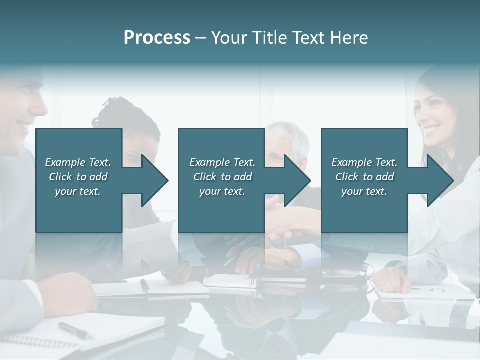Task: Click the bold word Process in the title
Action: click(157, 38)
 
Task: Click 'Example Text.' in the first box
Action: click(78, 162)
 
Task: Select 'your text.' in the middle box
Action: click(222, 191)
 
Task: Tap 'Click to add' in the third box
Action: click(364, 177)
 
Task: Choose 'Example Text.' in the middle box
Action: click(222, 162)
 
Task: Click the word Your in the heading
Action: click(229, 38)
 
